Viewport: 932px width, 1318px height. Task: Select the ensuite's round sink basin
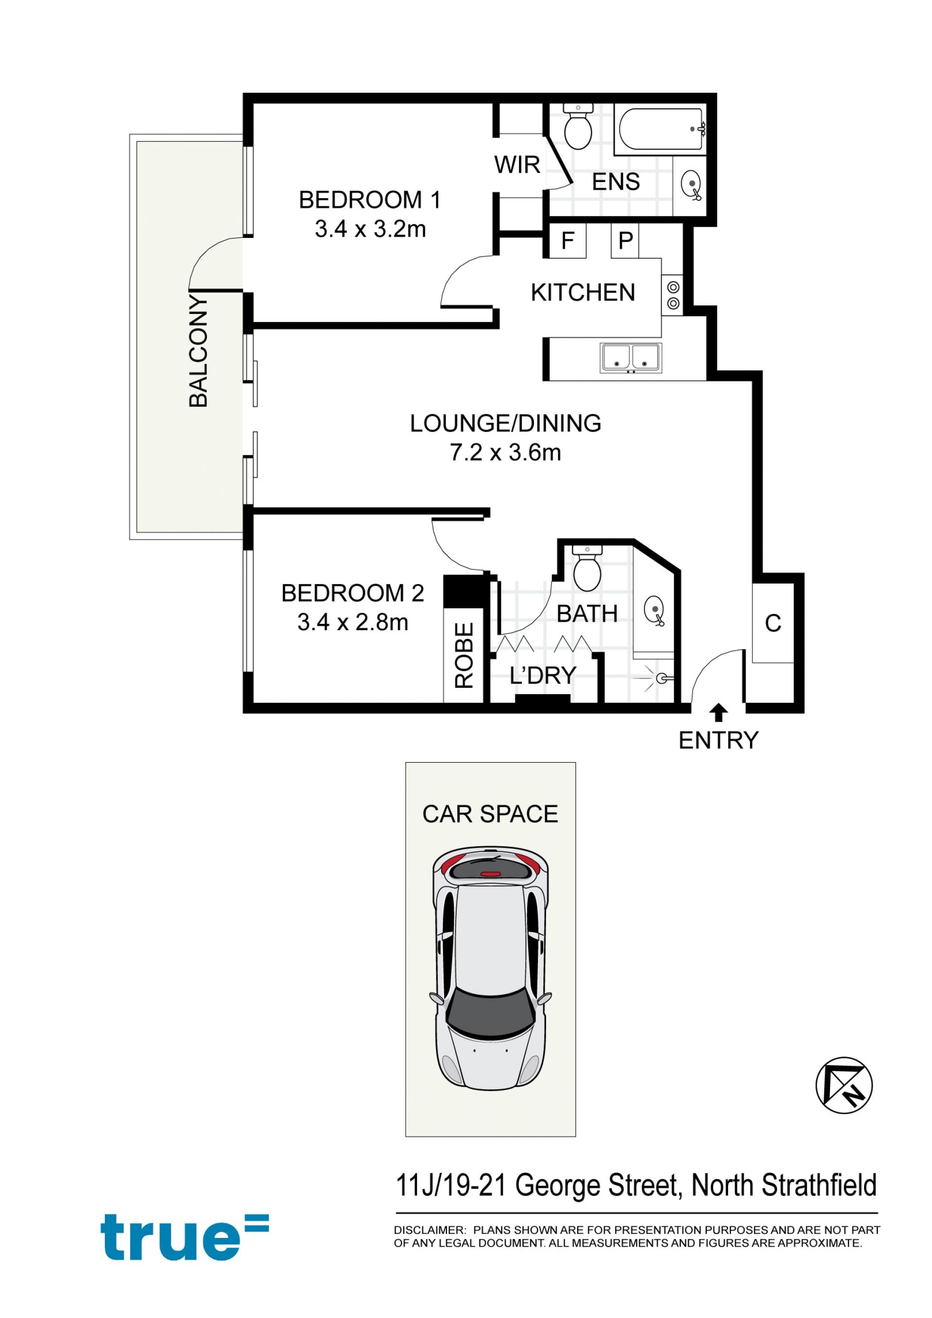tap(691, 185)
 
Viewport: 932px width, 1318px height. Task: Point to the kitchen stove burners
tap(673, 295)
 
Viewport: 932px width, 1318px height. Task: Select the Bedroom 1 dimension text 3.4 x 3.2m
tap(370, 229)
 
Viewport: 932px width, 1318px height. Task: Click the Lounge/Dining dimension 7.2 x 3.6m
tap(505, 453)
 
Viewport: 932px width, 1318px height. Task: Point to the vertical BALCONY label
tap(199, 351)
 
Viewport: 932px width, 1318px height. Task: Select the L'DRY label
tap(542, 676)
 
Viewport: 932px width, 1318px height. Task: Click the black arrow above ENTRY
tap(718, 713)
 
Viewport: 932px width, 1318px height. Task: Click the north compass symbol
tap(844, 1085)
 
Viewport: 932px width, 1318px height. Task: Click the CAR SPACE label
tap(490, 814)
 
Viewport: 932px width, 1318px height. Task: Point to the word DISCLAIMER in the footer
tap(429, 1230)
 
